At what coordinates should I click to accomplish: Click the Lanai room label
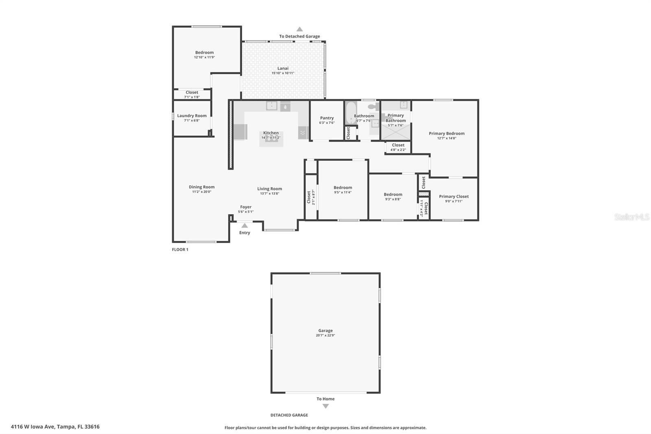pos(283,68)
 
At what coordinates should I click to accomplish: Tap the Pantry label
pos(327,118)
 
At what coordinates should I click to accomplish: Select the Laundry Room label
pos(192,116)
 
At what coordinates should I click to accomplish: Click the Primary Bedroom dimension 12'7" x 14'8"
pos(446,138)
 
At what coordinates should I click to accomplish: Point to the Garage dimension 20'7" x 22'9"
pos(325,335)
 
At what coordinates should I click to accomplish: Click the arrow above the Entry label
pos(245,226)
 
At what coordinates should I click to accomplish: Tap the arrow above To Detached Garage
pos(299,29)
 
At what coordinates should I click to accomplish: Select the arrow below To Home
pos(325,406)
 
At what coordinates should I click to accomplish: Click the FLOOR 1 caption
pos(180,250)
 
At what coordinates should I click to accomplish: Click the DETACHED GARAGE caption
pos(289,415)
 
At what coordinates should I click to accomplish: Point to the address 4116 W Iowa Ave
pos(55,427)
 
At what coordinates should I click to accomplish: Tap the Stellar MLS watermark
pos(631,217)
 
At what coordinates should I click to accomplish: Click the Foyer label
pos(246,207)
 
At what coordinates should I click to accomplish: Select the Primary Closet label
pos(454,196)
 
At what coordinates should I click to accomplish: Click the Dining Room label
pos(201,187)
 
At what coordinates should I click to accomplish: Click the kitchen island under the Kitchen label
pos(271,140)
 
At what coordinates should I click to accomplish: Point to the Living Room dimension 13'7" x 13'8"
pos(269,194)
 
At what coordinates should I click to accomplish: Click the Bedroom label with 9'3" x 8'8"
pos(393,195)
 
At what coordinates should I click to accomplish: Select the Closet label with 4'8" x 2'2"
pos(398,145)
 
